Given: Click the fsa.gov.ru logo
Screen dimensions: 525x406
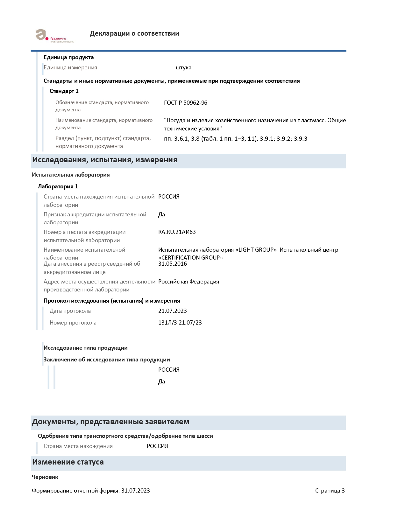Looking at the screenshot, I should coord(54,36).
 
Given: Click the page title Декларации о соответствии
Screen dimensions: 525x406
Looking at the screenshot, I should coord(134,33).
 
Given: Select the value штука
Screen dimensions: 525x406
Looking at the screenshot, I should coord(183,67).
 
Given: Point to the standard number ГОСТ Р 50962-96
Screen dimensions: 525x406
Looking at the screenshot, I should coord(185,102).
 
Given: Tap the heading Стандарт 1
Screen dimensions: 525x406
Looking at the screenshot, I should coord(64,91).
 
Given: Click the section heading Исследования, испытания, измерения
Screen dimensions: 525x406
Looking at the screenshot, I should coord(104,160).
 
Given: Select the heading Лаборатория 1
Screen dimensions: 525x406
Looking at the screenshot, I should coord(58,186).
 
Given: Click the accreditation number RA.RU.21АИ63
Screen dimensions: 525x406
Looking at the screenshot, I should coord(177,232).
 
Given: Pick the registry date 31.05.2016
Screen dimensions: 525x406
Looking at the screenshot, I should coord(172,264).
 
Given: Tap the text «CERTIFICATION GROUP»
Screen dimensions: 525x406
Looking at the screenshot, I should coord(190,257).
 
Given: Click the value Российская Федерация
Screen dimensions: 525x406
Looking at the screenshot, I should coord(189,282).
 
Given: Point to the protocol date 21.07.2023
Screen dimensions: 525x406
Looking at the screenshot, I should coord(172,311).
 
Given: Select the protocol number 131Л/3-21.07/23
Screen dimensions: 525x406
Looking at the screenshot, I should coord(180,323).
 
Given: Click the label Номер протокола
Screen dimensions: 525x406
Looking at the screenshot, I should coord(73,323).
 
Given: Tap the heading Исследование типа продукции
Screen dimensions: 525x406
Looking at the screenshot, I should coord(85,348).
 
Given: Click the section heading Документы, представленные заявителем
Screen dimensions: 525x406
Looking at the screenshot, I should coord(110,422).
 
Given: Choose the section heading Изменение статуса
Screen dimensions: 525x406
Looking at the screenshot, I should coord(68,462).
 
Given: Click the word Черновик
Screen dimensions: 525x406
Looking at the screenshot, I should coord(45,477).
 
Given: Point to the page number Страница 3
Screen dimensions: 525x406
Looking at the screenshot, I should coord(330,491).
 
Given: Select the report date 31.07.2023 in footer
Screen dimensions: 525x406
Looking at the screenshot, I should coord(135,491).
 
